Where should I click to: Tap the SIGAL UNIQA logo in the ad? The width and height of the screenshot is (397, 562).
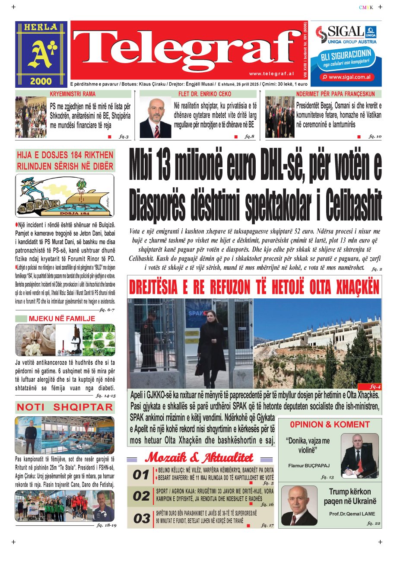coord(346,35)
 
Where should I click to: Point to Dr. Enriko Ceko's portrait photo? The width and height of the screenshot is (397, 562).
coord(155,117)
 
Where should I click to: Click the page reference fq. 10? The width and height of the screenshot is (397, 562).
coord(375,136)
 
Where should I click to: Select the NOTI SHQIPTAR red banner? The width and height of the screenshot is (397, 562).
coord(65,407)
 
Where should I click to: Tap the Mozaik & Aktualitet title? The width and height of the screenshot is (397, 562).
coord(199,457)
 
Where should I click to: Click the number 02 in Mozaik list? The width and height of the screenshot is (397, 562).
coord(141,496)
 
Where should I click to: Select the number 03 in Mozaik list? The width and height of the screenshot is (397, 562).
coord(141,518)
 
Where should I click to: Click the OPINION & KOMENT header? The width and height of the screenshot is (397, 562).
coord(330,425)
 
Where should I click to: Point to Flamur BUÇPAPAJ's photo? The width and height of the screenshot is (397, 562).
coord(359,455)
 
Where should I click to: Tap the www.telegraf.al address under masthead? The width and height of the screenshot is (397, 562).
coord(272,74)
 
